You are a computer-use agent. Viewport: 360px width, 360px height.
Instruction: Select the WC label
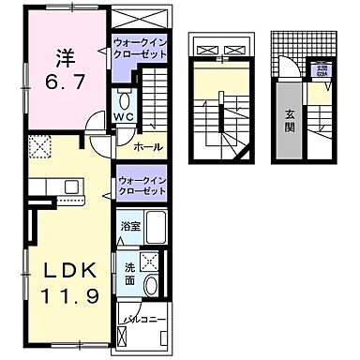[x=124, y=117]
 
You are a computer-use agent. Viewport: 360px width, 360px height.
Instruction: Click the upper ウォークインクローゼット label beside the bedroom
[x=140, y=48]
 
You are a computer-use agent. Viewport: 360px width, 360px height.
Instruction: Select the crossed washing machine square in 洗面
[x=147, y=262]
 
